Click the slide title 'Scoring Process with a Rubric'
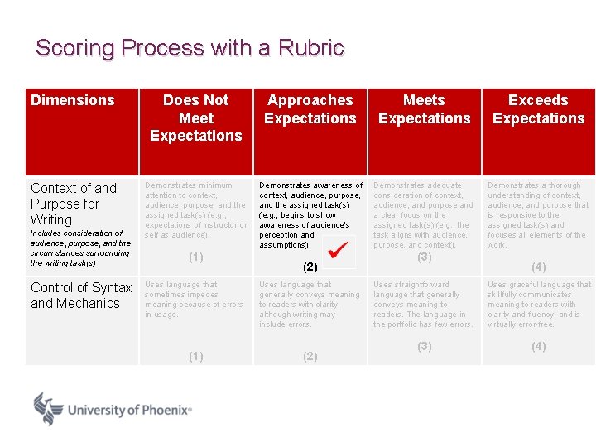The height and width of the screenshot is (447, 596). coord(190,48)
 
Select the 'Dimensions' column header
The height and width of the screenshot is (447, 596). coord(73,100)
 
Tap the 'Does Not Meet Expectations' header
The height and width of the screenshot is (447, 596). coord(196,118)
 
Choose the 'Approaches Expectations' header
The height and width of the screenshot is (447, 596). coord(310,109)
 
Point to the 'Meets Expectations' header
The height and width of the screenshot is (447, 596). coord(424,109)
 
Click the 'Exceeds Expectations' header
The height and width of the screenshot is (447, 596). coord(538,109)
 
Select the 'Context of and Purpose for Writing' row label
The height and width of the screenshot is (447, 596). coord(74,204)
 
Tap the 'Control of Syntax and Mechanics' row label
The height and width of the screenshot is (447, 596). coord(81,296)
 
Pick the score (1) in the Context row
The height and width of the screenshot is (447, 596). coord(196,257)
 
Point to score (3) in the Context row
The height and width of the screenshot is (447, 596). coord(424,257)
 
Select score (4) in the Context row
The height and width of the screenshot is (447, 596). coord(538,267)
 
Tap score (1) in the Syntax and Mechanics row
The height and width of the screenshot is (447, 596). coord(196,356)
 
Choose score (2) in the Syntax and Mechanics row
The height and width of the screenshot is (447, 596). coord(310,356)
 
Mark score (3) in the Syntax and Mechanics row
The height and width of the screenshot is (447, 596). coord(424,346)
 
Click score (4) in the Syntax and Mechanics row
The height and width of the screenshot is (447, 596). coord(538,346)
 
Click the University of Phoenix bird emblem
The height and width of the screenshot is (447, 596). coord(48,409)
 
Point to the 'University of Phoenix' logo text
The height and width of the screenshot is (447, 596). coord(129,410)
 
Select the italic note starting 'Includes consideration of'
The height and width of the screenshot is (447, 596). coord(80,248)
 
